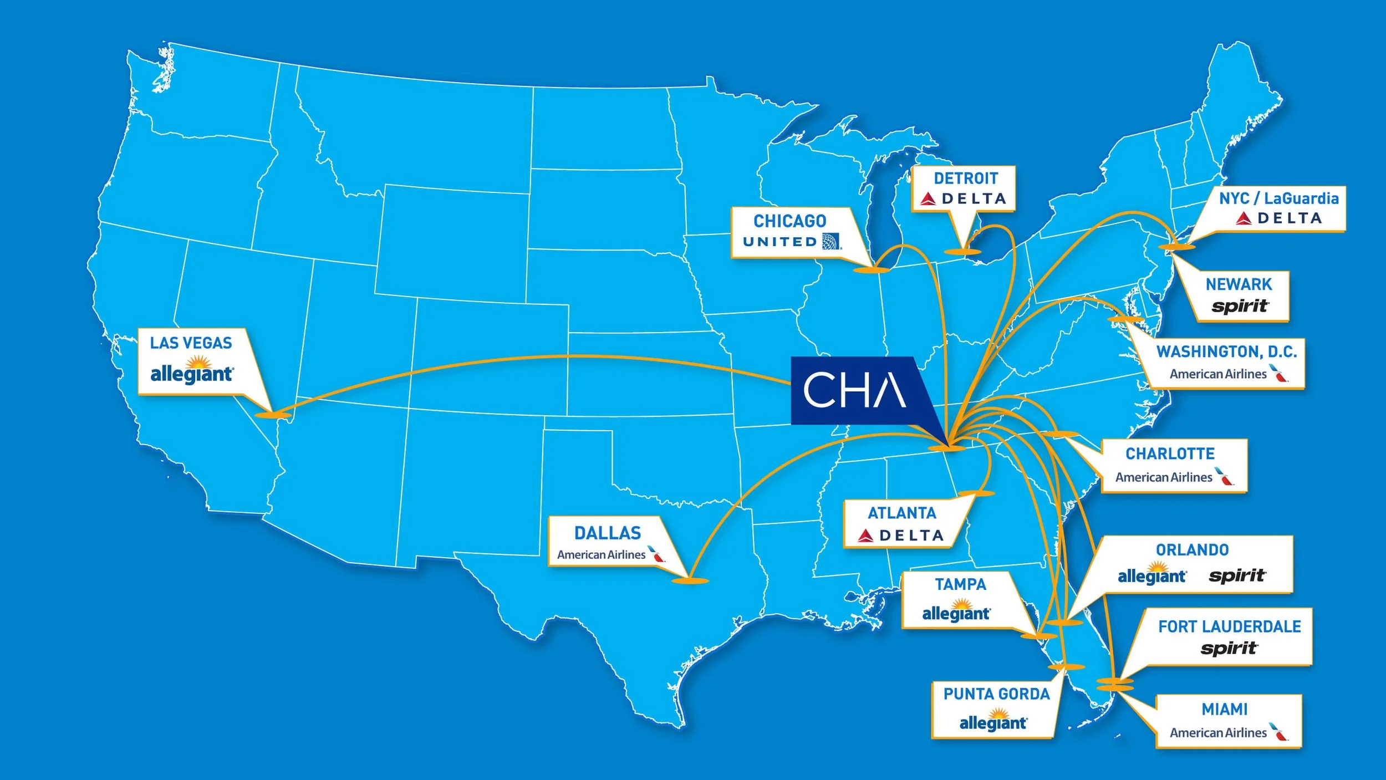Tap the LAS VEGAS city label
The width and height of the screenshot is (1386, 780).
191,343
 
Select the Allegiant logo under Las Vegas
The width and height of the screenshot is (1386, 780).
192,372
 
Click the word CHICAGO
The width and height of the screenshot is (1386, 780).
789,221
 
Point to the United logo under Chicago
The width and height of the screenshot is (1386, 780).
792,242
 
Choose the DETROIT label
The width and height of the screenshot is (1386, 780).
965,179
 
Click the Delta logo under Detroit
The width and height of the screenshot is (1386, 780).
963,198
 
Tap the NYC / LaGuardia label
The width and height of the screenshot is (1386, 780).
1278,198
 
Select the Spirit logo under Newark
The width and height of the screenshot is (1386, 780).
1240,306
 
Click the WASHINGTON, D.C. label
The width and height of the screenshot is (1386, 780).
1226,351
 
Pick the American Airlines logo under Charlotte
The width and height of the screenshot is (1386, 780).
1174,477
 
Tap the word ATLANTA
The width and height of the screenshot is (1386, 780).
902,513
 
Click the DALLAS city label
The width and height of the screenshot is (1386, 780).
608,533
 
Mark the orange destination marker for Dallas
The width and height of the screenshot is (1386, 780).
690,581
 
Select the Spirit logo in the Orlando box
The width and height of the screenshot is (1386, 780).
1237,576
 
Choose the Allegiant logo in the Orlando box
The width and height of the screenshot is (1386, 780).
1151,575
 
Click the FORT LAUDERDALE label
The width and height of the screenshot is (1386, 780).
1229,627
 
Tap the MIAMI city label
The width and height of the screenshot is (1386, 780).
1225,710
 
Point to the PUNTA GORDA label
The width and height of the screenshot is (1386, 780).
996,694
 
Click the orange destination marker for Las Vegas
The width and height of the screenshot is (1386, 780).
273,415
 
